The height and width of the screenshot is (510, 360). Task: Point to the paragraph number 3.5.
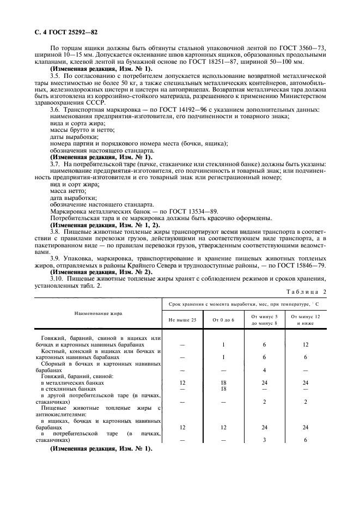(54, 76)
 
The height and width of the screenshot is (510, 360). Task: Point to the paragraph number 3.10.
(57, 278)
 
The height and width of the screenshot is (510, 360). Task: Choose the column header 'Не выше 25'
(182, 320)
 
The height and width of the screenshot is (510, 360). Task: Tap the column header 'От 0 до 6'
(223, 320)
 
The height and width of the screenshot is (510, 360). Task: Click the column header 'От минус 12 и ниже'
(306, 320)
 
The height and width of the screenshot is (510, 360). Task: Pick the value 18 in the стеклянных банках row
(223, 388)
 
